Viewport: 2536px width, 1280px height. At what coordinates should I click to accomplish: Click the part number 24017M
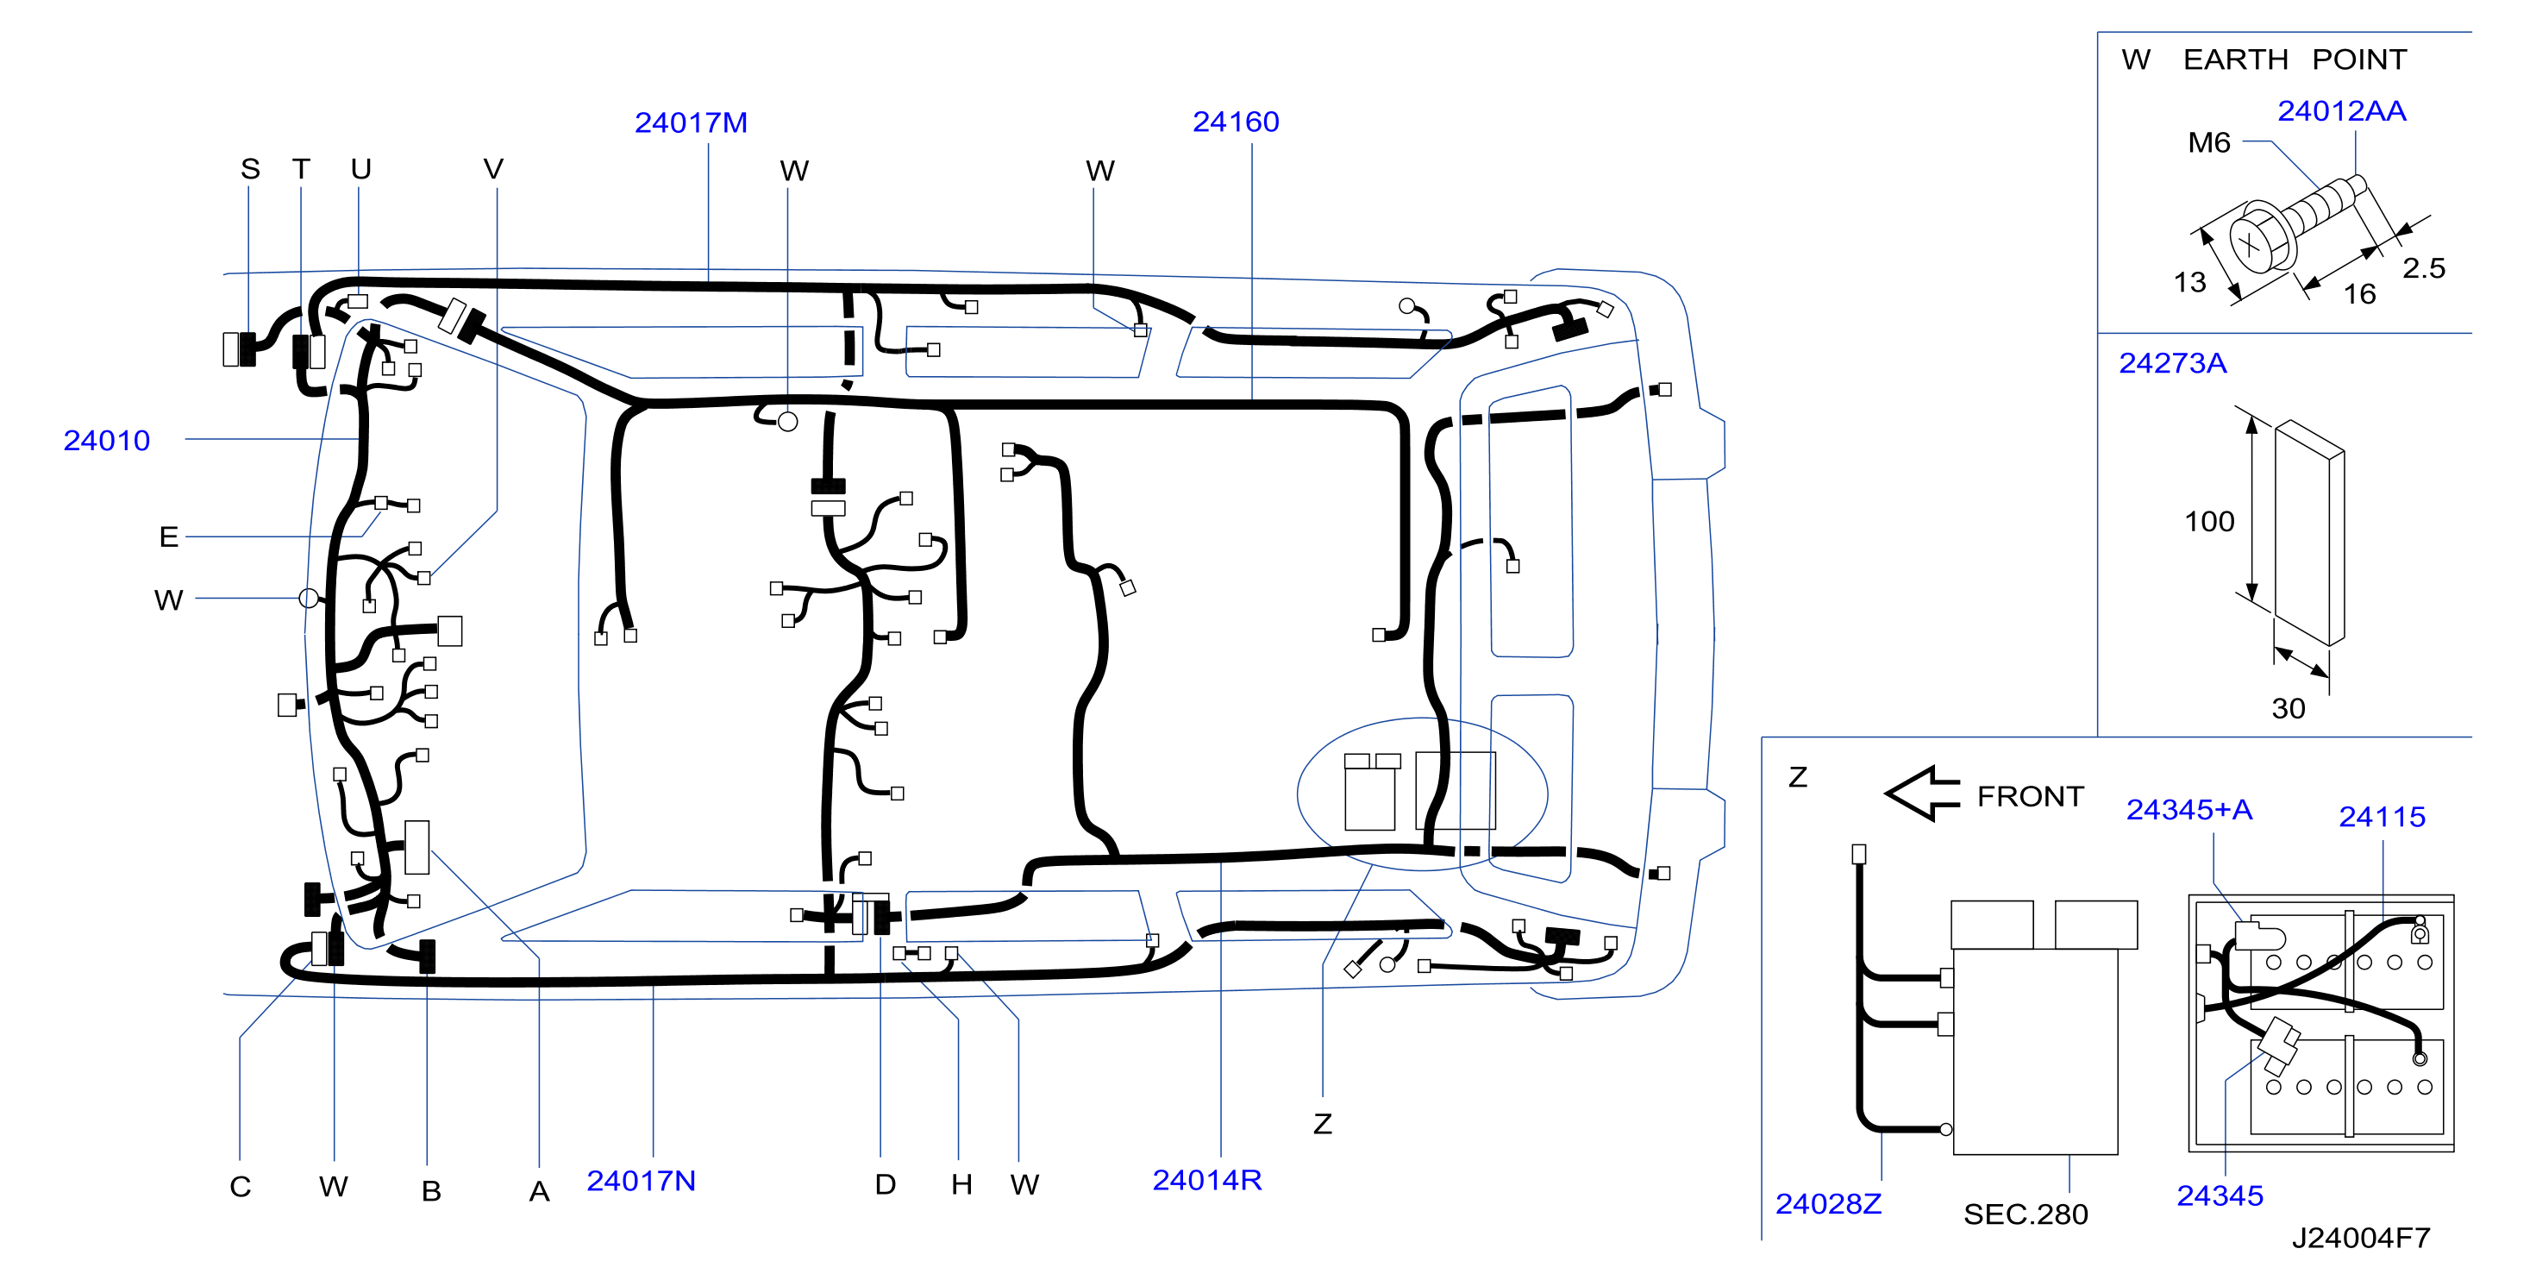click(x=691, y=123)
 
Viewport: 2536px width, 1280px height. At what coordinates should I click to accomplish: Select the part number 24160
click(x=1236, y=122)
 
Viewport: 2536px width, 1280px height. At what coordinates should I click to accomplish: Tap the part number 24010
click(x=106, y=440)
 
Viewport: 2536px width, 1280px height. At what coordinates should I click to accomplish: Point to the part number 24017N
click(x=641, y=1181)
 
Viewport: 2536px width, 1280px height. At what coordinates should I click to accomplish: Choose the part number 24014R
click(x=1207, y=1180)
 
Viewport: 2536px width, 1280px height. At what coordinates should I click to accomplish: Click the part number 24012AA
click(x=2341, y=111)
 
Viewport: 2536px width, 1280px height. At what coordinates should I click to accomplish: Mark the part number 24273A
click(x=2172, y=363)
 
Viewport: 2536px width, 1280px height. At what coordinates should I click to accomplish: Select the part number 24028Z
click(x=1828, y=1203)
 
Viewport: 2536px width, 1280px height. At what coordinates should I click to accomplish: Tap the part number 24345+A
click(x=2189, y=809)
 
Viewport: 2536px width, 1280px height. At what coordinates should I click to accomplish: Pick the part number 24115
click(x=2382, y=816)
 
